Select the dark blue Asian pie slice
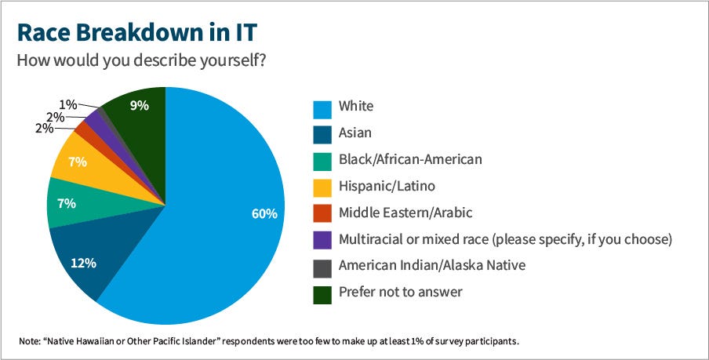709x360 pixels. pyautogui.click(x=86, y=259)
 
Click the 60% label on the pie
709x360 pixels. pyautogui.click(x=265, y=213)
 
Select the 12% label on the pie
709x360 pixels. pyautogui.click(x=84, y=263)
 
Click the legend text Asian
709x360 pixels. pyautogui.click(x=354, y=133)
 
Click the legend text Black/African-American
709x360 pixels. pyautogui.click(x=409, y=159)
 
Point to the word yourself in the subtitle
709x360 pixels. pyautogui.click(x=235, y=60)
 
